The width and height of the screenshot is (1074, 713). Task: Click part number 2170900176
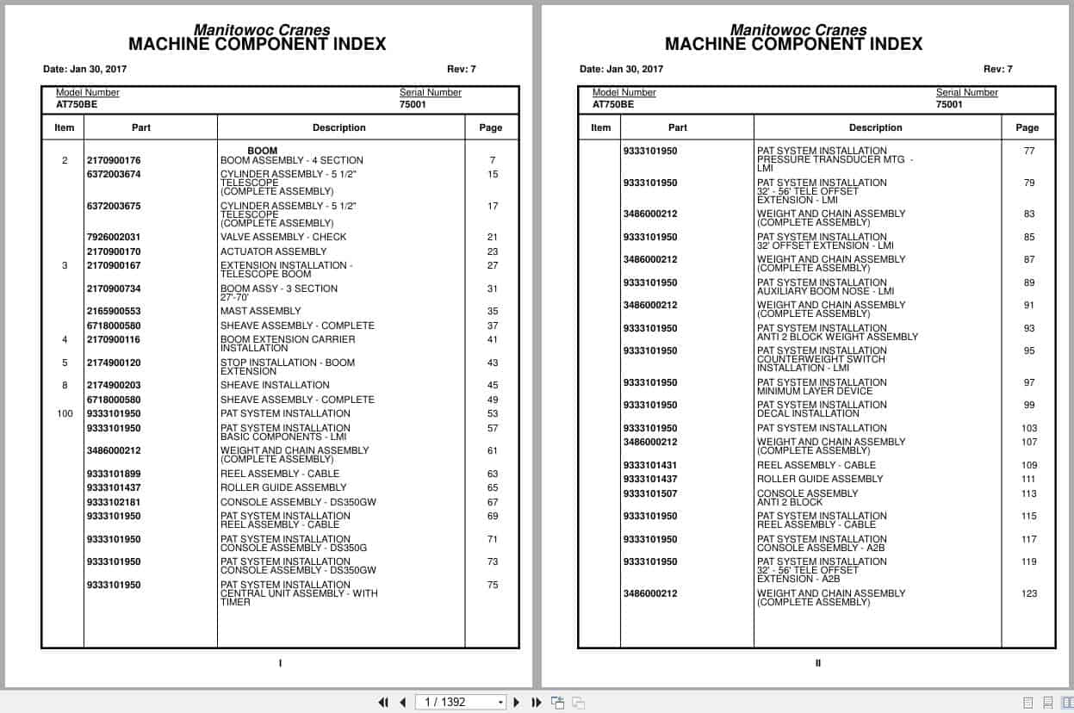pyautogui.click(x=114, y=160)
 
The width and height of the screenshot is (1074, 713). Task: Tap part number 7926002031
pyautogui.click(x=114, y=237)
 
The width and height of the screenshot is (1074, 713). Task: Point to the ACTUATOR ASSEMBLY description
pyautogui.click(x=273, y=251)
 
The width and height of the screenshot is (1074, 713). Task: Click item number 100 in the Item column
pyautogui.click(x=65, y=413)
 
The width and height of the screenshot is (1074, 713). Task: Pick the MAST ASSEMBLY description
pyautogui.click(x=261, y=311)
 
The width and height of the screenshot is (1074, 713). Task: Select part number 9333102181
pyautogui.click(x=114, y=502)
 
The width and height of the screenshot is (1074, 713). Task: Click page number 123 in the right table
pyautogui.click(x=1029, y=593)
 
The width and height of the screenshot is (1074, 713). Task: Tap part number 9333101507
pyautogui.click(x=650, y=493)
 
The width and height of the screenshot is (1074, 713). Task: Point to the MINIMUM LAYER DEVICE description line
pyautogui.click(x=815, y=391)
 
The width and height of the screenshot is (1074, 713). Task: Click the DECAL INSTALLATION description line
pyautogui.click(x=808, y=413)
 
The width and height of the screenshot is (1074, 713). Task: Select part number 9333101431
pyautogui.click(x=650, y=465)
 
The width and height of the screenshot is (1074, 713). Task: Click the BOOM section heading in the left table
pyautogui.click(x=263, y=151)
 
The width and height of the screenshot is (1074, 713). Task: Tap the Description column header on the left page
pyautogui.click(x=339, y=127)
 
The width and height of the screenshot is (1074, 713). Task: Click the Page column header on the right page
pyautogui.click(x=1027, y=127)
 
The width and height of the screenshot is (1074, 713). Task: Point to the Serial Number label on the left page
pyautogui.click(x=431, y=92)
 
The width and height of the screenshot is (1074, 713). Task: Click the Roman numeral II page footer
pyautogui.click(x=818, y=663)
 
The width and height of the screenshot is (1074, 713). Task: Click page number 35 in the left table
pyautogui.click(x=493, y=311)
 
